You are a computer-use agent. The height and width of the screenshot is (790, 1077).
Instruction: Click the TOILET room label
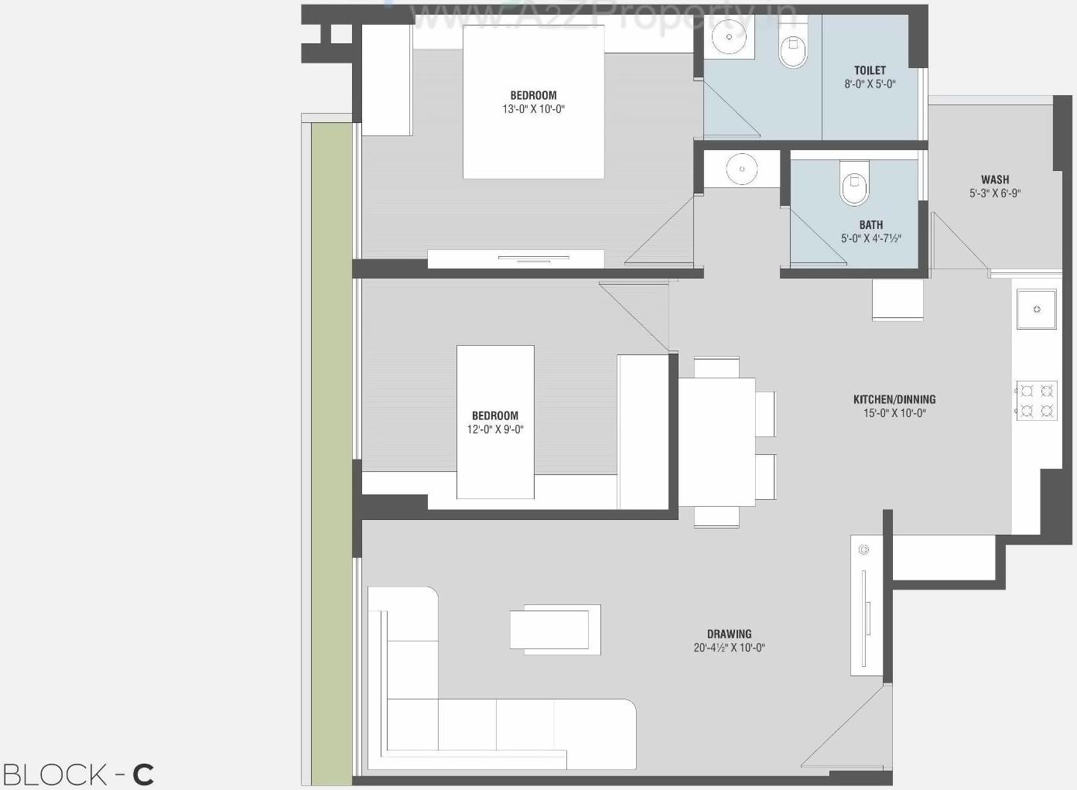pos(870,70)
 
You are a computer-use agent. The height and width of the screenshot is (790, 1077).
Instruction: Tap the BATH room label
pos(870,225)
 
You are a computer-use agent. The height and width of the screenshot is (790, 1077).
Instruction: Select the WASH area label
pos(994,180)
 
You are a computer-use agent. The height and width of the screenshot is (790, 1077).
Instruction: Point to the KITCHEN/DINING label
pos(894,399)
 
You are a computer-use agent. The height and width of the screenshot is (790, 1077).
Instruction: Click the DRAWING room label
pos(729,634)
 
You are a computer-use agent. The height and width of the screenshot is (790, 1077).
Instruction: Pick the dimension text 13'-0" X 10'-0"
pos(533,109)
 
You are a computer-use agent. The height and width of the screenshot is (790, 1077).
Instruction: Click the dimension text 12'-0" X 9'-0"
pos(495,429)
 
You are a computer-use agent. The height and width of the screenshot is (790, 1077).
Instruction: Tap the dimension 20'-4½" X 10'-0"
pos(729,648)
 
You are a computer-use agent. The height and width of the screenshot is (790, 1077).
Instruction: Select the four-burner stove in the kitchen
pos(1036,400)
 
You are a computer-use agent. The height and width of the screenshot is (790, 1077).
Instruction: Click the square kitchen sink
pos(1036,310)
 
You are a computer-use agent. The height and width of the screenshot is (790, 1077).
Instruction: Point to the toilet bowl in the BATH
pos(854,183)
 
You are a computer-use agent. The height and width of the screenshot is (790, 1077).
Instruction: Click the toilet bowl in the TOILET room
pos(793,50)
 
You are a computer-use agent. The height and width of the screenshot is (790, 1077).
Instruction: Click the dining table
pos(716,441)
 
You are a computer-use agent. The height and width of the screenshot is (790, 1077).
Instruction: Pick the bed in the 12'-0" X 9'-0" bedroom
pos(495,422)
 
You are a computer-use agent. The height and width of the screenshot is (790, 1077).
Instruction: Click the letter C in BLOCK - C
pos(143,775)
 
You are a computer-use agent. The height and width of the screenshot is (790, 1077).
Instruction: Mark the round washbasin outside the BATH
pos(742,169)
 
